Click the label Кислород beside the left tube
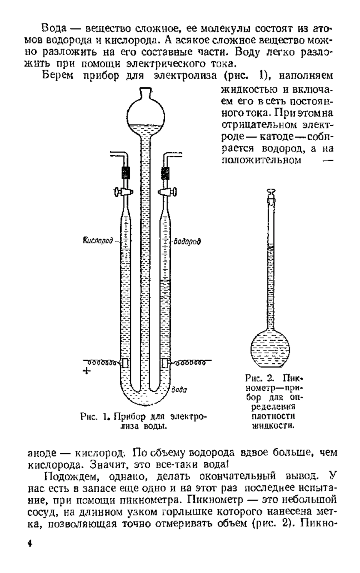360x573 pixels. tap(97, 240)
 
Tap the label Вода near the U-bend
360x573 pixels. tap(179, 390)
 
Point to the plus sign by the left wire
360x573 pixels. tap(86, 371)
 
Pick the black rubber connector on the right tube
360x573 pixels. tap(165, 173)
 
